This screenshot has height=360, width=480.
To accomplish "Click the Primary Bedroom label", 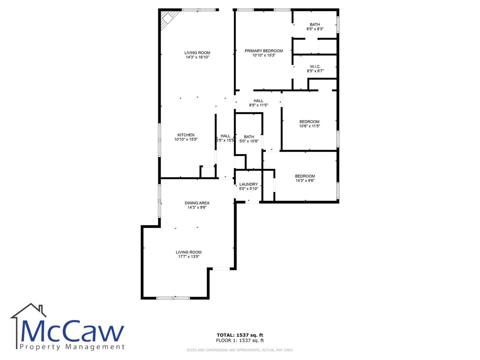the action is [x=264, y=51].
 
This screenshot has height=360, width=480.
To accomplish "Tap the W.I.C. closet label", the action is [x=315, y=67].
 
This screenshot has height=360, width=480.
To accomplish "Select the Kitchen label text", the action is [x=186, y=135].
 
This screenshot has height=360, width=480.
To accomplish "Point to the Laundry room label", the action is [x=248, y=184].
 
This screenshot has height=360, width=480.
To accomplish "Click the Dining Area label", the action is [x=197, y=203].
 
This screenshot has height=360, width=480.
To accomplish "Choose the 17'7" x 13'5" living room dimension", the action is [x=189, y=257].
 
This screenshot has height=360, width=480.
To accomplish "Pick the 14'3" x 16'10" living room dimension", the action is [x=197, y=57].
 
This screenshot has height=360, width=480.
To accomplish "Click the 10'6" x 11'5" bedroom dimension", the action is [x=309, y=126].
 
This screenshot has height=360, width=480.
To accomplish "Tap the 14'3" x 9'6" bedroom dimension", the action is [x=305, y=181].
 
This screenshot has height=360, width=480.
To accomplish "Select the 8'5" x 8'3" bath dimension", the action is [x=315, y=29].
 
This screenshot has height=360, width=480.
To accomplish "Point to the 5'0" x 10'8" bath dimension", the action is [x=249, y=141].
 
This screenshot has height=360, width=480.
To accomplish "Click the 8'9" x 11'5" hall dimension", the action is [x=258, y=105].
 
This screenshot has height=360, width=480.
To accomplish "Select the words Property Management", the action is [x=72, y=347].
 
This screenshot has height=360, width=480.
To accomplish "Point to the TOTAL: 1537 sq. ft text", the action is [x=240, y=335].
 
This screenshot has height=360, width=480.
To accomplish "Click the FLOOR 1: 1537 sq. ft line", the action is [x=240, y=340].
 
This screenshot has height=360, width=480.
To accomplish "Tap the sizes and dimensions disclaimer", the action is [x=240, y=350].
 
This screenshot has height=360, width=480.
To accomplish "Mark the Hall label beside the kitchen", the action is [x=225, y=136].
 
